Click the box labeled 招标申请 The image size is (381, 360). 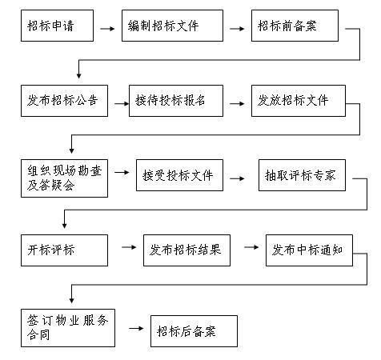pos(53,26)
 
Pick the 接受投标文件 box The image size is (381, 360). pos(179,176)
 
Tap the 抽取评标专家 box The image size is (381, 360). pos(301,176)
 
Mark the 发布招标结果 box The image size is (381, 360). pos(186,250)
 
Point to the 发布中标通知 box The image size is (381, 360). pos(309,250)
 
